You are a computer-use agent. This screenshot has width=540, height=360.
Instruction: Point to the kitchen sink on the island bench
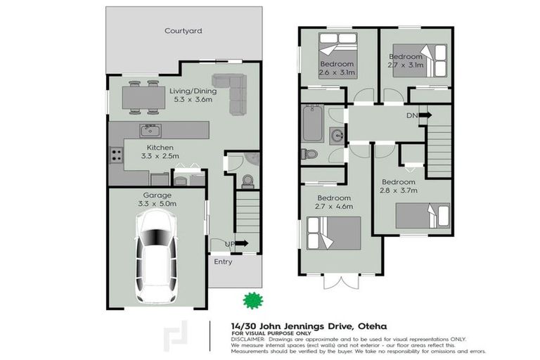tap(150, 130)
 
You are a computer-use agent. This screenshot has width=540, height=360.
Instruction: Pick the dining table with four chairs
tap(143, 97)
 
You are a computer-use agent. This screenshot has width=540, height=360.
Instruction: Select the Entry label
tap(223, 262)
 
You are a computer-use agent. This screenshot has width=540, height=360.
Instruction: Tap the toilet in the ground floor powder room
tap(247, 181)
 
